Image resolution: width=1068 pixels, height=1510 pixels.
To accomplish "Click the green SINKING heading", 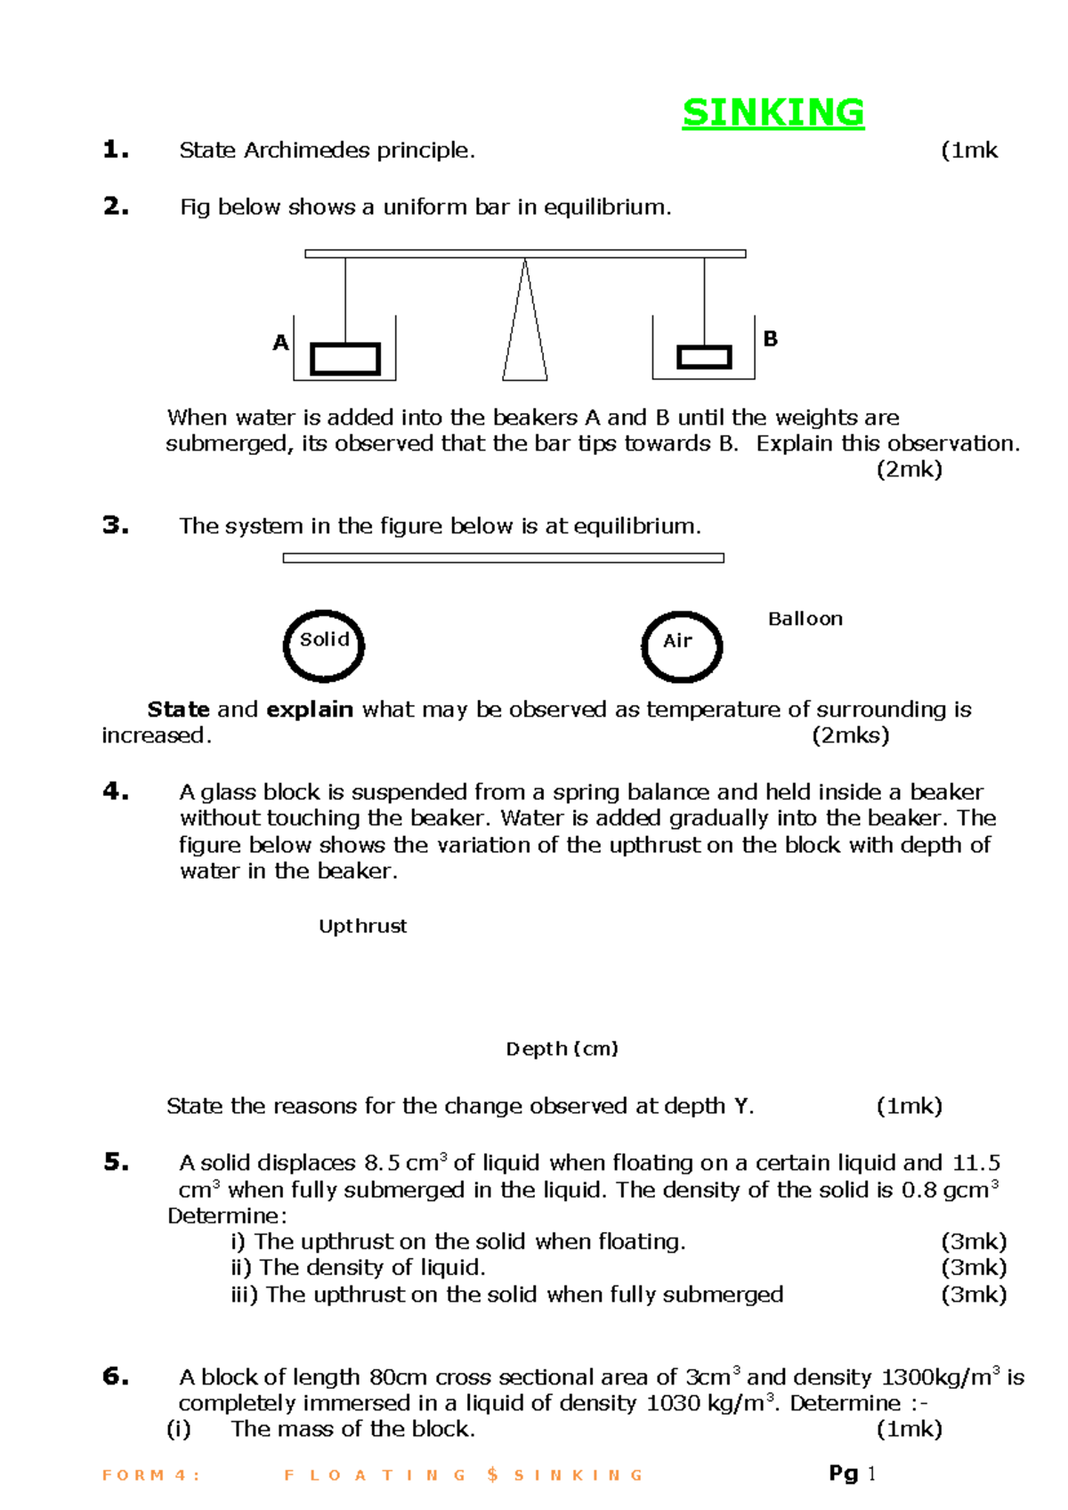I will click(773, 113).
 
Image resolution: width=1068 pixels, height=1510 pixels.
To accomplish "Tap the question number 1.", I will click(116, 150).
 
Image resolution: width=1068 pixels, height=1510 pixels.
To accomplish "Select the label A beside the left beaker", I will click(280, 343).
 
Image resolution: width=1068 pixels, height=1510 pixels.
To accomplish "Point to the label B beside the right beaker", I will click(771, 339).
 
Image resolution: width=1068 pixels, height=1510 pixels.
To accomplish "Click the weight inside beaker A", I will click(345, 359).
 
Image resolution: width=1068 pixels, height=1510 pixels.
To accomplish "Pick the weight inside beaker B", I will click(704, 357).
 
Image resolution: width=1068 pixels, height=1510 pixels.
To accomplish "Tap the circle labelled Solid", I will click(324, 645).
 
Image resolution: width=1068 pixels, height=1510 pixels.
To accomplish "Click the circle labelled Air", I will click(682, 646).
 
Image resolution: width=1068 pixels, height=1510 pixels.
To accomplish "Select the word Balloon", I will click(805, 619).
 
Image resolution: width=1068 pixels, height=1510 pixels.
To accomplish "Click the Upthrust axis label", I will click(363, 926).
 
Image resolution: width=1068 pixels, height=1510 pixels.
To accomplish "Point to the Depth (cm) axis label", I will click(562, 1049).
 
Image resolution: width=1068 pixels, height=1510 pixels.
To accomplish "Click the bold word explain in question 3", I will click(310, 710).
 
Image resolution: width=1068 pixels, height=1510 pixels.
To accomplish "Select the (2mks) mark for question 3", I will click(851, 735).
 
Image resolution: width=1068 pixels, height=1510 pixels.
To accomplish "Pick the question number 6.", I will click(116, 1376).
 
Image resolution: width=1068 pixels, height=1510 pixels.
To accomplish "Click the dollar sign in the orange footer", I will click(492, 1475).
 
